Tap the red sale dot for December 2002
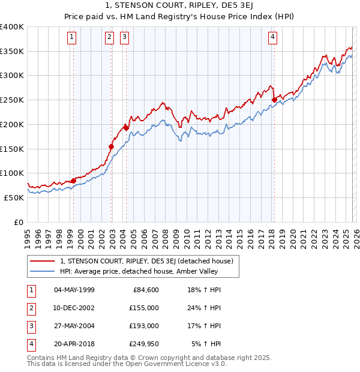coord(111,146)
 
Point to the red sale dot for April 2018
coord(274,100)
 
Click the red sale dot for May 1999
coord(73,181)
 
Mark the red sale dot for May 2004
coord(126,128)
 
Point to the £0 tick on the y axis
coord(18,222)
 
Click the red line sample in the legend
coord(43,261)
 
